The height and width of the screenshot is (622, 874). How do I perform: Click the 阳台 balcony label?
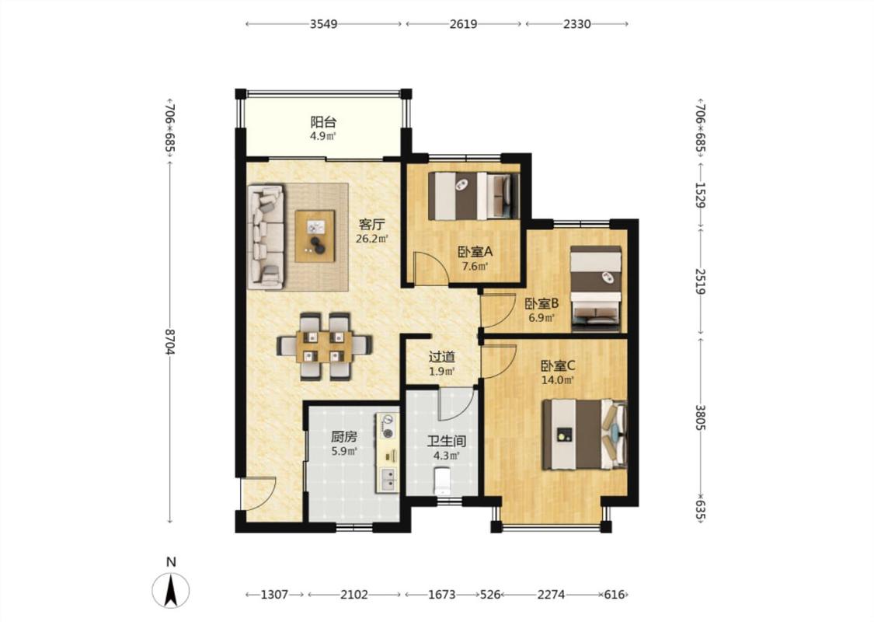[x=323, y=121]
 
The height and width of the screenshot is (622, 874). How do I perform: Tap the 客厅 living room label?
[x=372, y=225]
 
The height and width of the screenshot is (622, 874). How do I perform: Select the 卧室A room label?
[x=475, y=252]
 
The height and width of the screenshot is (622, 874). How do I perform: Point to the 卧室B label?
[x=541, y=304]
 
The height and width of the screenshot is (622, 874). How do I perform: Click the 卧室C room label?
[x=558, y=366]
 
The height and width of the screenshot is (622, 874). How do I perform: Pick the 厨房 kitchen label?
[x=344, y=437]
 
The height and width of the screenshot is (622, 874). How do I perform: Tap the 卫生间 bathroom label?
[x=447, y=442]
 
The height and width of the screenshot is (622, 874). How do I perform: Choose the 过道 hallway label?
[x=442, y=357]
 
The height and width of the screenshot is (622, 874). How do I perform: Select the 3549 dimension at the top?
[x=323, y=24]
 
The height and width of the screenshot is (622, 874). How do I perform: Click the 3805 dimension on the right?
[x=701, y=417]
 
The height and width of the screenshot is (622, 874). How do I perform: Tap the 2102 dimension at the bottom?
[x=354, y=595]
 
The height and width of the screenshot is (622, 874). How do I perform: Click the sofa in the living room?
[x=266, y=236]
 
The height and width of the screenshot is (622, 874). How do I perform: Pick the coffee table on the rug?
[x=315, y=236]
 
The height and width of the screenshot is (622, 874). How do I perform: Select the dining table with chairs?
[x=324, y=347]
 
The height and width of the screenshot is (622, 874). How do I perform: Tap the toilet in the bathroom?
[x=443, y=481]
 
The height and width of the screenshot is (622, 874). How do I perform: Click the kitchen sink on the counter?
[x=388, y=479]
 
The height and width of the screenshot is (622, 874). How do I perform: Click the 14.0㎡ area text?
[x=558, y=380]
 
